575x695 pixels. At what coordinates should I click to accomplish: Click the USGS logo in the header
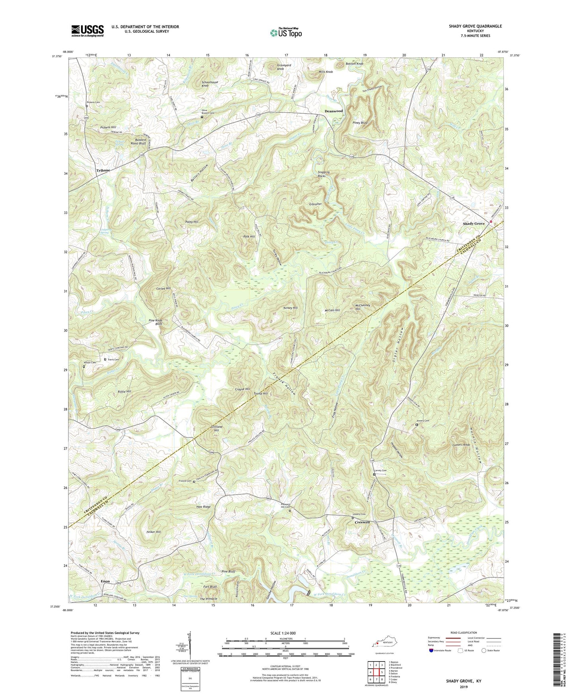(x=87, y=31)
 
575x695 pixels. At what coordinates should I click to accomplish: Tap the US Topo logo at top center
(x=285, y=33)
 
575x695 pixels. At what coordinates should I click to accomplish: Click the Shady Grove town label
(x=474, y=224)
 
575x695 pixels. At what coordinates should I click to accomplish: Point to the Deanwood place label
(x=333, y=111)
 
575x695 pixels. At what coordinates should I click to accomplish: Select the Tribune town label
(x=103, y=170)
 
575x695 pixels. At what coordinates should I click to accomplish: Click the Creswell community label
(x=362, y=522)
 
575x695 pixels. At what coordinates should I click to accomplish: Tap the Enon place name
(x=105, y=581)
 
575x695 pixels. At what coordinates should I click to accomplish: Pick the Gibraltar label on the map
(x=315, y=204)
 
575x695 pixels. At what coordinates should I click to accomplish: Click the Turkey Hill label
(x=290, y=308)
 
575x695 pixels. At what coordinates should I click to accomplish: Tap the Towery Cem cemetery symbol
(x=417, y=425)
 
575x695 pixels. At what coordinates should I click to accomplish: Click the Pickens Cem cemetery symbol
(x=87, y=106)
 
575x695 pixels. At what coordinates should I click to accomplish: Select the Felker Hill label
(x=153, y=532)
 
